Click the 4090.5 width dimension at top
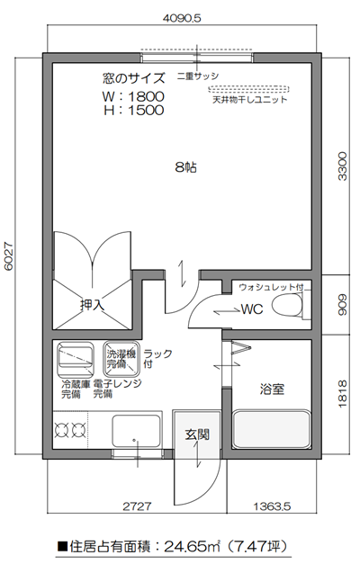(x=183, y=17)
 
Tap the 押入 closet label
(x=93, y=305)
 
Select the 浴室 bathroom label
(x=272, y=389)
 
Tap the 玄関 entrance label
(x=197, y=434)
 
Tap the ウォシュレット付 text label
(x=272, y=288)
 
